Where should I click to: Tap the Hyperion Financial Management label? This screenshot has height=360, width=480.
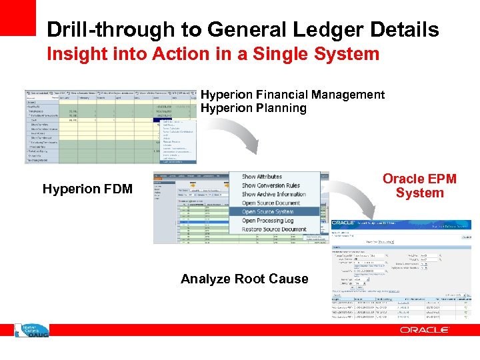click(x=293, y=95)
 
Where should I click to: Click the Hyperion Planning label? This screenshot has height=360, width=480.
click(x=253, y=108)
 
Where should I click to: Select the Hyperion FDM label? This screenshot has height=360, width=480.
click(x=87, y=189)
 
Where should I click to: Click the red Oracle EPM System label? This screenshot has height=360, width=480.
click(x=419, y=186)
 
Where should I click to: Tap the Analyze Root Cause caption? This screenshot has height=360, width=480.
click(x=245, y=279)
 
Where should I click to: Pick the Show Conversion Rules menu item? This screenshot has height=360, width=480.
click(x=271, y=185)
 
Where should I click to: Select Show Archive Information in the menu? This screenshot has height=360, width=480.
click(x=274, y=194)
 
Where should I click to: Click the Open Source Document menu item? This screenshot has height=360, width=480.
click(x=271, y=203)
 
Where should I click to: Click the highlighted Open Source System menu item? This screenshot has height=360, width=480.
click(x=267, y=212)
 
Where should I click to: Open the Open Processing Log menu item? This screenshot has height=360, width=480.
click(x=267, y=221)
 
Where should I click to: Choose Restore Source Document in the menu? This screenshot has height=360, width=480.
click(x=274, y=229)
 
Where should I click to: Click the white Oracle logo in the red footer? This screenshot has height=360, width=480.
click(x=424, y=330)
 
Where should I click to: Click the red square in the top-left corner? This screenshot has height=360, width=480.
click(x=17, y=17)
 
